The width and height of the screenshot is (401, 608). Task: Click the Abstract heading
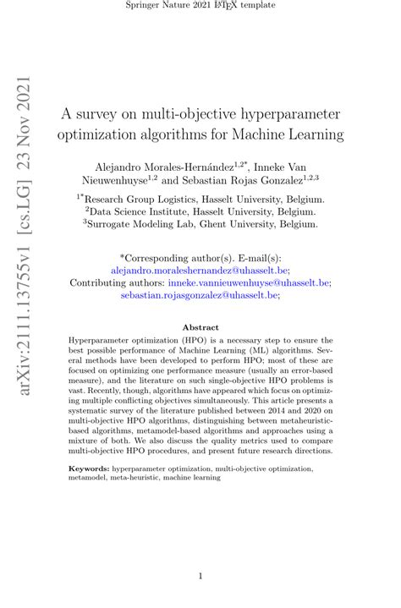click(x=200, y=327)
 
